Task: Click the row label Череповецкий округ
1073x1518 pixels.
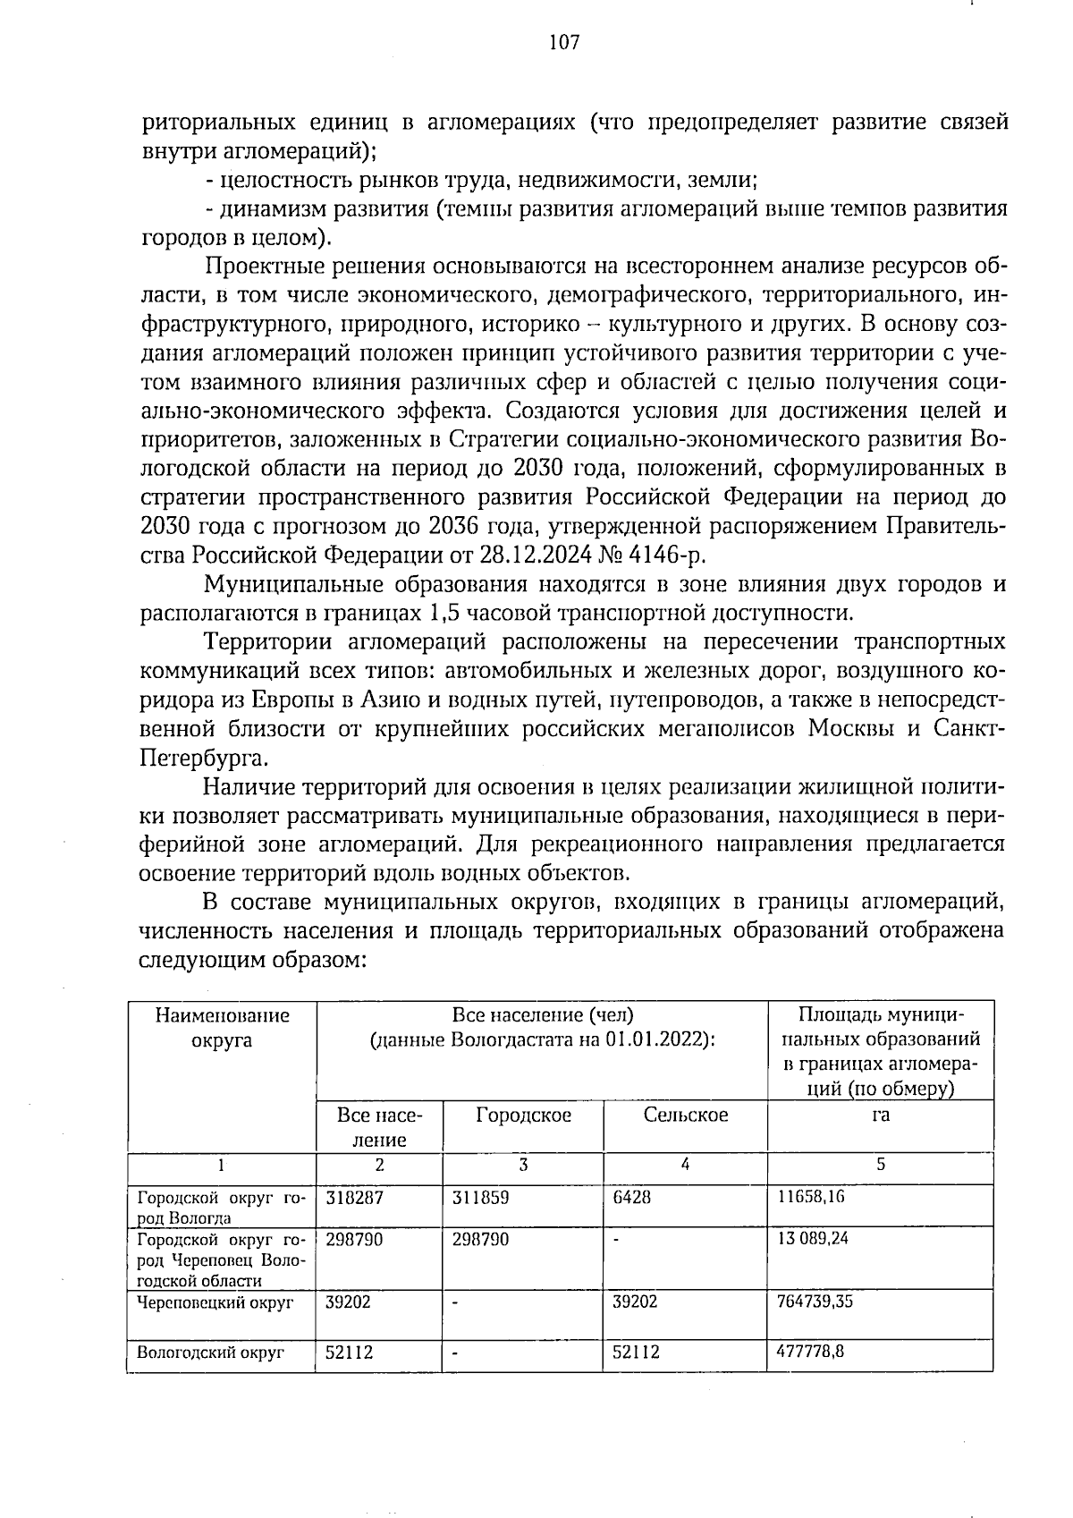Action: [x=215, y=1302]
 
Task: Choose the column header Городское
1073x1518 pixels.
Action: [x=523, y=1115]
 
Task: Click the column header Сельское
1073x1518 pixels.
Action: [x=685, y=1115]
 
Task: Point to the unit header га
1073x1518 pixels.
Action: [x=881, y=1115]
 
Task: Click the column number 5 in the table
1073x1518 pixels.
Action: [x=881, y=1165]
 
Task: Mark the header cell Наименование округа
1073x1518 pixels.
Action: [x=223, y=1027]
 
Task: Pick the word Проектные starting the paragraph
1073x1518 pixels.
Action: [x=259, y=267]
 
